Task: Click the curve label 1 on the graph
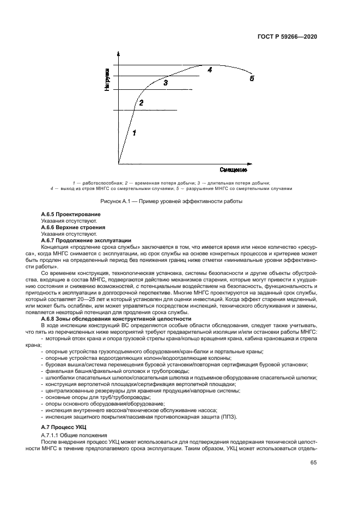tap(135, 132)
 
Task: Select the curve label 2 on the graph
tap(141, 102)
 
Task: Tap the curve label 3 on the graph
tap(166, 83)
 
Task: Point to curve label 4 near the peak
tap(209, 70)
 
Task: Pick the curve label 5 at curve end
tap(252, 78)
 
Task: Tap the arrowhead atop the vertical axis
tap(118, 54)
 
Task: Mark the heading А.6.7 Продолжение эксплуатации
tap(86, 240)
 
